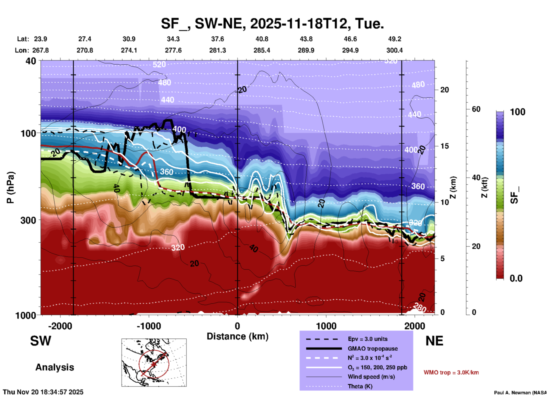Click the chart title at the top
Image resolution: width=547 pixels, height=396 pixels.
(x=272, y=24)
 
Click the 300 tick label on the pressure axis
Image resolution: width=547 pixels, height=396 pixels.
(x=28, y=220)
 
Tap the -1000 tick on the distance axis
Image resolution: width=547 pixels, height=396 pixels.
(x=149, y=326)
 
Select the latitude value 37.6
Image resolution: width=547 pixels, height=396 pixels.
(x=218, y=39)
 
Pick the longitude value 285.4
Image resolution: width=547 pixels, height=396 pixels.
(x=262, y=50)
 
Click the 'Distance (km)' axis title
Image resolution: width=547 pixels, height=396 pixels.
(x=237, y=336)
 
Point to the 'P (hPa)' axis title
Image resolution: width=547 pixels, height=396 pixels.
(x=11, y=187)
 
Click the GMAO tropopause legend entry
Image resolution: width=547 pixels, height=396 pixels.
(x=373, y=349)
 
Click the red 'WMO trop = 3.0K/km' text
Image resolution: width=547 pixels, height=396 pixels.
(x=451, y=372)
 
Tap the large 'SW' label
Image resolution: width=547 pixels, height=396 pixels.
(x=41, y=341)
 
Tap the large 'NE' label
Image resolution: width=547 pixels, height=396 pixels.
(x=434, y=341)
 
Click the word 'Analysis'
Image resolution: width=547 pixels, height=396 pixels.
(x=55, y=367)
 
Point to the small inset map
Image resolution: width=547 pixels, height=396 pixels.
(x=154, y=362)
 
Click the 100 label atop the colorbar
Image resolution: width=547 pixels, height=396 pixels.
(x=517, y=112)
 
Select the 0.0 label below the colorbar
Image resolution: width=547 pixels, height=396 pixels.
(x=516, y=278)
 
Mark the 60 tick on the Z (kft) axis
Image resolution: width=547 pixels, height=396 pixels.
(x=476, y=109)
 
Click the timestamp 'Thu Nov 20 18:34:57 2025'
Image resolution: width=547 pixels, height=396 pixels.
(x=43, y=392)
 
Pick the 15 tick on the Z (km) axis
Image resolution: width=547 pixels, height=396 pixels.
(x=444, y=146)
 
